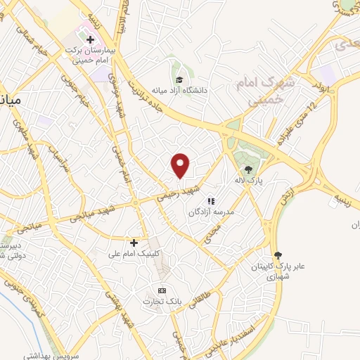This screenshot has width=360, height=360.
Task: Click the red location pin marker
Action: click(181, 165)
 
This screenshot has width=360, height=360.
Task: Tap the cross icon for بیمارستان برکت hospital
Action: click(90, 38)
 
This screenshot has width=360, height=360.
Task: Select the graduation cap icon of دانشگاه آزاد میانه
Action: click(179, 79)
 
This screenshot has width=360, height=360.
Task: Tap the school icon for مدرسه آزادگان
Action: click(210, 201)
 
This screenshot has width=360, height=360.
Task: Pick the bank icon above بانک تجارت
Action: click(162, 290)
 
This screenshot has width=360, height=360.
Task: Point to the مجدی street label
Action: click(210, 233)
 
